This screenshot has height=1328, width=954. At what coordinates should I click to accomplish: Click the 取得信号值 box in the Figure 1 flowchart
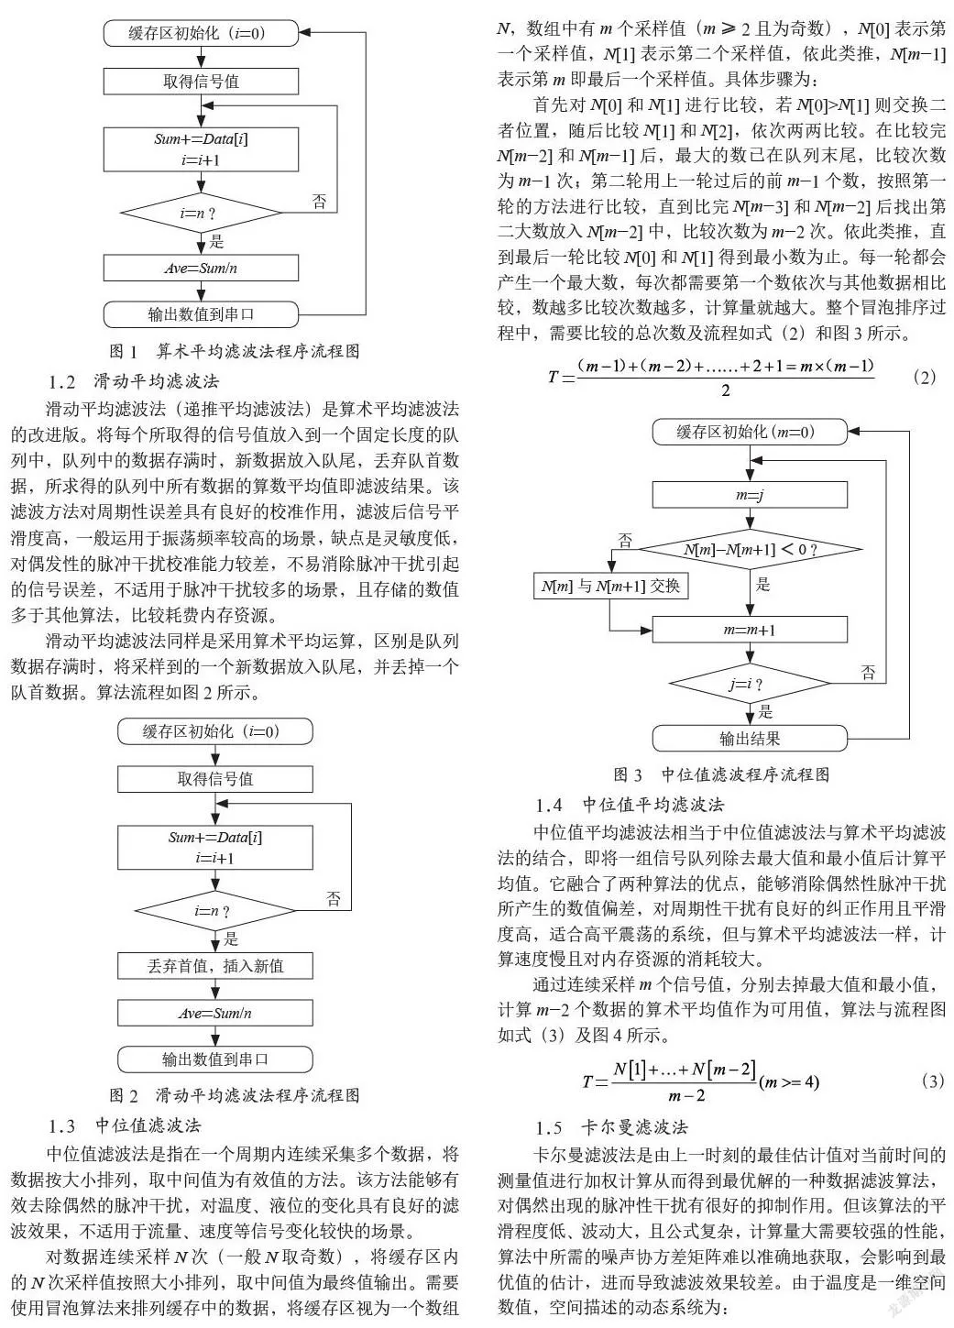201,82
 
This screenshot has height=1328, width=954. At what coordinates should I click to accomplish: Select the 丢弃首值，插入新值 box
215,966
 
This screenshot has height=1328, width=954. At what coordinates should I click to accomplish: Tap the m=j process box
750,494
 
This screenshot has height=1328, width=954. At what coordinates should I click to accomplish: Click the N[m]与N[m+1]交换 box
610,586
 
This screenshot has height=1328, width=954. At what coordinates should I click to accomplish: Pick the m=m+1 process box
750,629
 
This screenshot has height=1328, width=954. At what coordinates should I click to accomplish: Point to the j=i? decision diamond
750,684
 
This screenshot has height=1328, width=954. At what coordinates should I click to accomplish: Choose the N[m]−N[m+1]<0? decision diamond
750,549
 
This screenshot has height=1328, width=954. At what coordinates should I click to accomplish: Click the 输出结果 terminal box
750,738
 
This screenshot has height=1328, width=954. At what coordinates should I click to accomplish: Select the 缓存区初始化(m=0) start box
750,432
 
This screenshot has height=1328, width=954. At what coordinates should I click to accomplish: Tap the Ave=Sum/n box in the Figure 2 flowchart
215,1014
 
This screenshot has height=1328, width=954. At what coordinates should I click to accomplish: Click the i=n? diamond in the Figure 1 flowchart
201,213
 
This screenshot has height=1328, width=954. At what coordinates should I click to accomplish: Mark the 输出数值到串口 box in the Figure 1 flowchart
201,314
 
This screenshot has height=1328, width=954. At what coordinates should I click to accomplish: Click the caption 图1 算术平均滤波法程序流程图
235,351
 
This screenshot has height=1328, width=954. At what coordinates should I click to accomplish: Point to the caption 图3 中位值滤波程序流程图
721,774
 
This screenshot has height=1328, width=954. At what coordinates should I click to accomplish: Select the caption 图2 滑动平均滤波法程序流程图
235,1095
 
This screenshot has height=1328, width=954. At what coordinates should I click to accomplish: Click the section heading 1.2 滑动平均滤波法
134,381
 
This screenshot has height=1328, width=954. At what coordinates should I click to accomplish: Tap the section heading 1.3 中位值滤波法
126,1125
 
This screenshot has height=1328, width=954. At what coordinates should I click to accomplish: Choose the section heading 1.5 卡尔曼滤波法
611,1127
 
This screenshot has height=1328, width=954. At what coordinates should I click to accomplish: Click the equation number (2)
925,377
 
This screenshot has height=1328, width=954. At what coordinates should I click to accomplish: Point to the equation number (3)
933,1081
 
